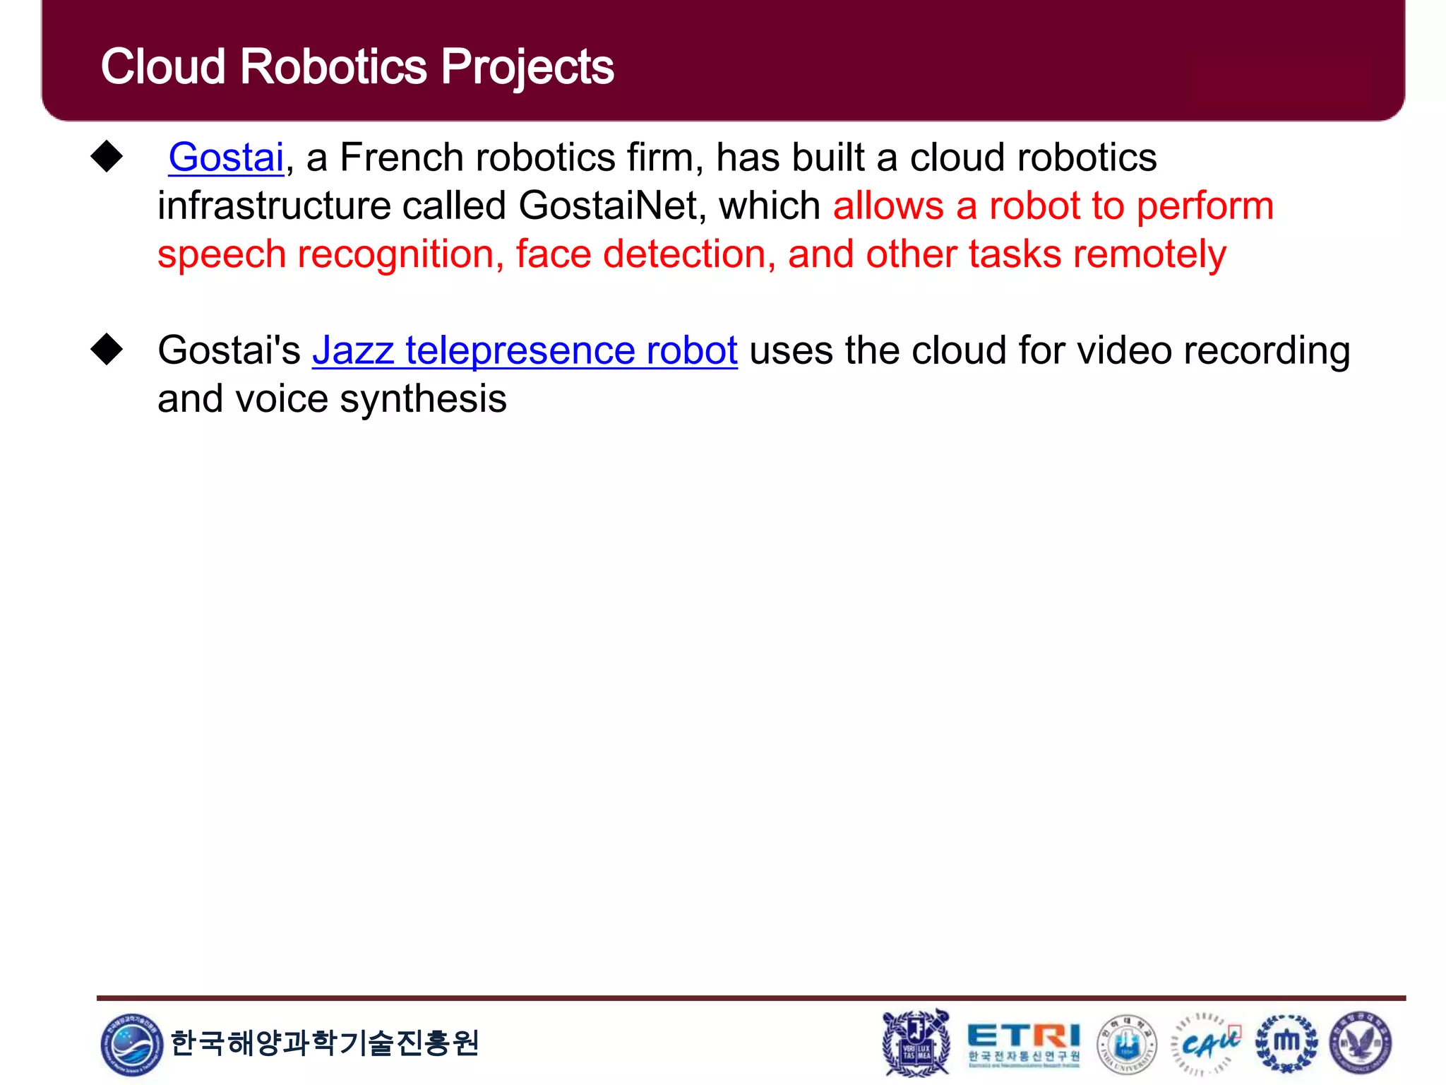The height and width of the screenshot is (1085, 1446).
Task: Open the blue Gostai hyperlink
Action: pos(226,157)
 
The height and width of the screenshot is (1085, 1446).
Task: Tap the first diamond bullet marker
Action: pos(107,156)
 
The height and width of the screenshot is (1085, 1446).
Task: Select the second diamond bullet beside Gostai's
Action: pos(107,349)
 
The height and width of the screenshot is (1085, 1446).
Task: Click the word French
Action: pos(401,157)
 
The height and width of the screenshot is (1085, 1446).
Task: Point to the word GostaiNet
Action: pos(612,206)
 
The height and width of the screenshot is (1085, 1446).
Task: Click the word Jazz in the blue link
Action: pos(353,350)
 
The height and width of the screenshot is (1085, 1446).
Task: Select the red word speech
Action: pos(221,255)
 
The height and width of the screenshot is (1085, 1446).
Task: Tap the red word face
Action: pos(553,254)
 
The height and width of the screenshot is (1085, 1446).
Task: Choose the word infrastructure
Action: pos(274,206)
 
